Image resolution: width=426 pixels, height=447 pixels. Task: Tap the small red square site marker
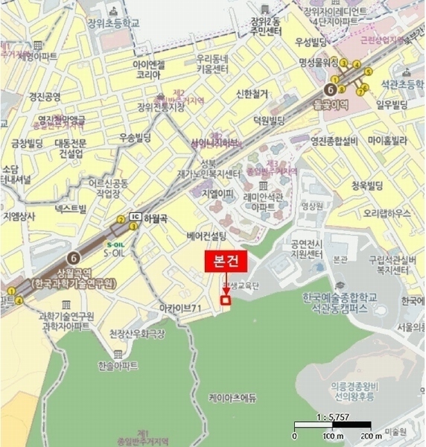click(225, 300)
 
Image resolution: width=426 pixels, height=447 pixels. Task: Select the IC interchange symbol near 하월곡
click(135, 217)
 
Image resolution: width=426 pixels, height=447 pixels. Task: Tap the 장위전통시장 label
click(160, 107)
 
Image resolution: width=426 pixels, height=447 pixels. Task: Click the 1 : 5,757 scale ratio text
click(333, 419)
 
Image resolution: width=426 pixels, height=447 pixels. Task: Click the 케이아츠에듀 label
click(232, 398)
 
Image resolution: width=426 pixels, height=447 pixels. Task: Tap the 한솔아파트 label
click(118, 366)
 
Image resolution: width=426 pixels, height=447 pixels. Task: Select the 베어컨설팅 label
click(206, 236)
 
